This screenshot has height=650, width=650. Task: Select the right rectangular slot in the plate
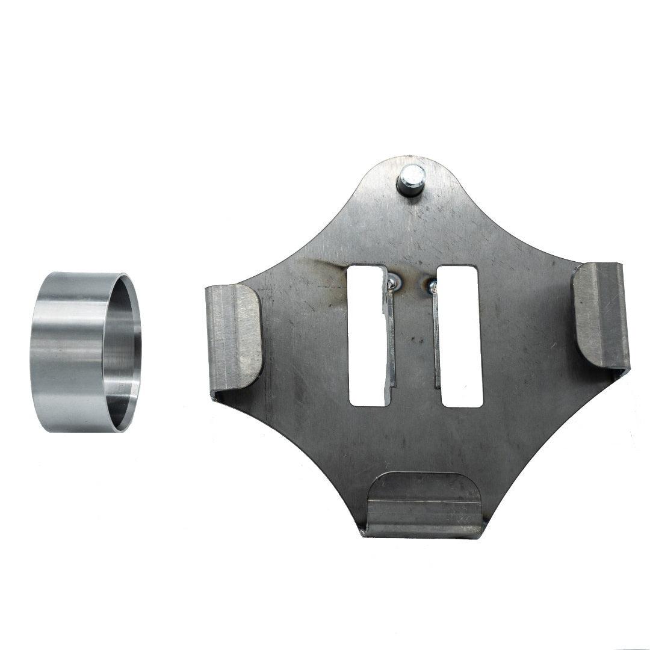460,337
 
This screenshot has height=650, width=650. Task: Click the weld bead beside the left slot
392,280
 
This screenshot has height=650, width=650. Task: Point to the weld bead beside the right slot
432,285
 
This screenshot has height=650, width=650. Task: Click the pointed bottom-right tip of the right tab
628,368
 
